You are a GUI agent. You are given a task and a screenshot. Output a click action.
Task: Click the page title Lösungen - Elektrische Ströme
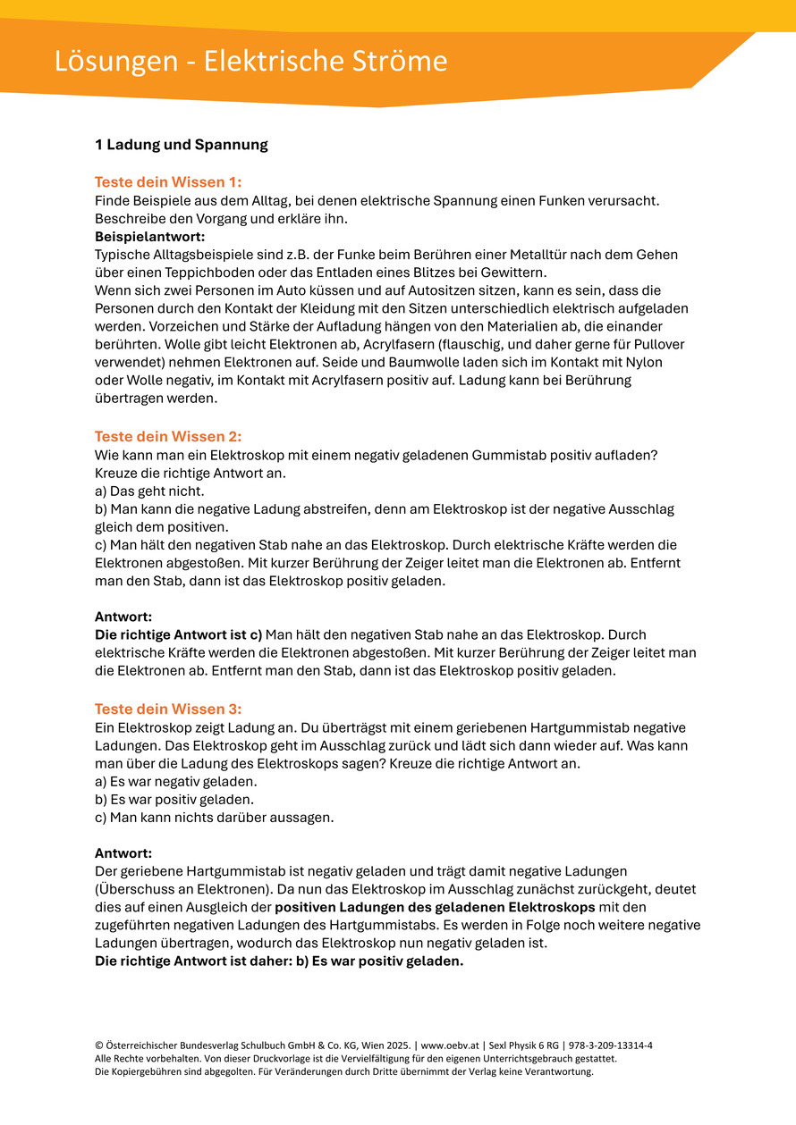[250, 61]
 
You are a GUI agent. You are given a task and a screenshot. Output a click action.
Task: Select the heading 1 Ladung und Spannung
[182, 144]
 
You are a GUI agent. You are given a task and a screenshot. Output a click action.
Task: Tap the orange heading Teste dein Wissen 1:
[168, 182]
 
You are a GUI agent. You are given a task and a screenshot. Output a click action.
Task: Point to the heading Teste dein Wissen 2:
[168, 437]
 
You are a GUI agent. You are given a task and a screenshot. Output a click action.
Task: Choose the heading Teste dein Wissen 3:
[168, 709]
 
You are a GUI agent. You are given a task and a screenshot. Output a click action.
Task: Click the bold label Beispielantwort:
[150, 237]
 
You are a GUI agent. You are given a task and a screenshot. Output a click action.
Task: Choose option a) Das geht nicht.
[150, 491]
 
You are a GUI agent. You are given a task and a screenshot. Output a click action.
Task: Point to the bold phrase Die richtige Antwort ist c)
[179, 635]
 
